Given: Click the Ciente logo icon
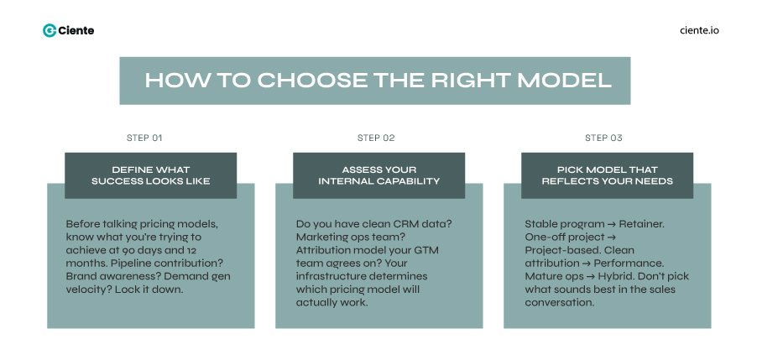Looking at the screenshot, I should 50,30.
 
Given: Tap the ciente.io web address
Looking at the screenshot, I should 698,30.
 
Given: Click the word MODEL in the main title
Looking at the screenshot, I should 564,81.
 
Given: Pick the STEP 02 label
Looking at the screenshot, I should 376,138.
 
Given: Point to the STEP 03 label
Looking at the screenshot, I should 603,138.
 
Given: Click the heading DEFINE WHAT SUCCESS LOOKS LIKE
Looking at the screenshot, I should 150,175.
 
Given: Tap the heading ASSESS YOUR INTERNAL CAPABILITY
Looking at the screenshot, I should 378,175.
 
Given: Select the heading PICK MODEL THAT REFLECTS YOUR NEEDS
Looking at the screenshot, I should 607,175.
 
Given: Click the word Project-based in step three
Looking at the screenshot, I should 557,250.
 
